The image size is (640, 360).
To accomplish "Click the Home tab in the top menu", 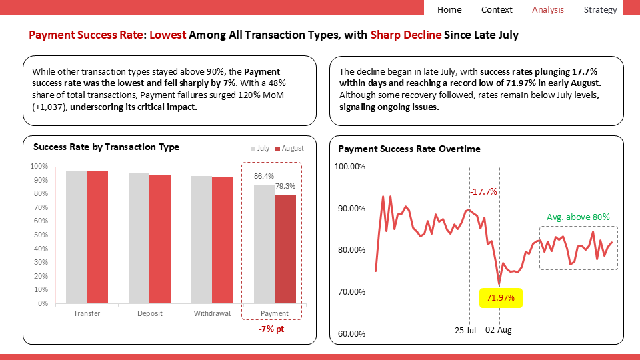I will tap(449, 9).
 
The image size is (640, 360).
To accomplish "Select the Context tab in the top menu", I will tap(497, 9).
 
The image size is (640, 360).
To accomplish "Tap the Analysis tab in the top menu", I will tap(548, 9).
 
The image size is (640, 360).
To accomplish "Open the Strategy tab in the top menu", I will tap(600, 9).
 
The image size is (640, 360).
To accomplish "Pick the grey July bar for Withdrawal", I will tap(201, 239).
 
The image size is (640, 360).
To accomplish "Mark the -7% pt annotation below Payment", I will tap(271, 329).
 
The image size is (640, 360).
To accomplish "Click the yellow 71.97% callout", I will tap(501, 297).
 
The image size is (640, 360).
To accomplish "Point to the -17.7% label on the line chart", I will tap(483, 191).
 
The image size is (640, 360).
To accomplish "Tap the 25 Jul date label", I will tap(465, 330).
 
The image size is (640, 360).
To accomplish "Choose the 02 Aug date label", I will tap(498, 330).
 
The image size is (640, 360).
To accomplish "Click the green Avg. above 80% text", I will tap(578, 217).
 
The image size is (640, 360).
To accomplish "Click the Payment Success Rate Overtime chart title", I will tap(409, 149).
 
